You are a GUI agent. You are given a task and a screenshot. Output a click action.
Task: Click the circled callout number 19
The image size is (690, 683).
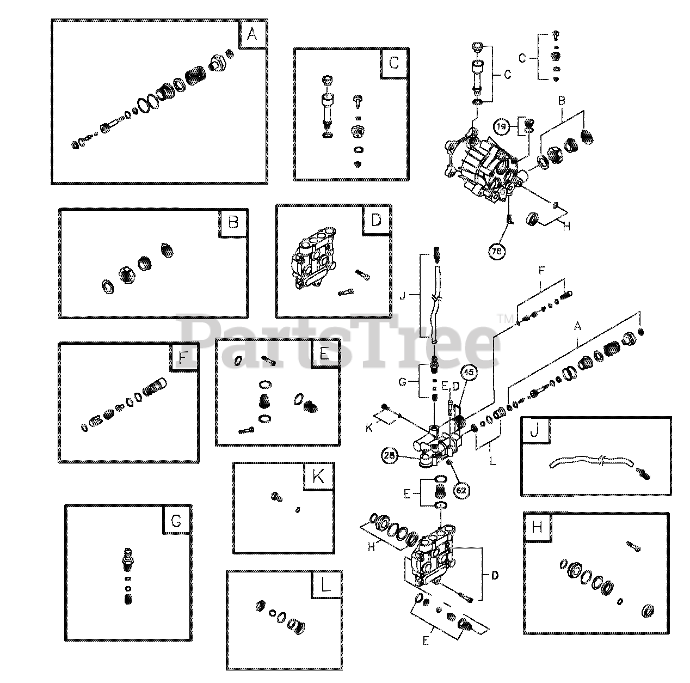coord(502,126)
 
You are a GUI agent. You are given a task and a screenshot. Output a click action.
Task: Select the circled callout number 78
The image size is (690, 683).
coord(497,251)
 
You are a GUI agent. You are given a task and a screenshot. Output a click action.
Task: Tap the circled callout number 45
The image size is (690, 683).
coord(469,372)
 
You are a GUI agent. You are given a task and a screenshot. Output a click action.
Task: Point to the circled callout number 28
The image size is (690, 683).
coord(390,455)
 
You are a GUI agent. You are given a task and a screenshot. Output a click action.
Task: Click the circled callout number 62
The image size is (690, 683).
coord(461,490)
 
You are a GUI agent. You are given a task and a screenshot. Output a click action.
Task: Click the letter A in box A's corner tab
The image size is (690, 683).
coord(252,34)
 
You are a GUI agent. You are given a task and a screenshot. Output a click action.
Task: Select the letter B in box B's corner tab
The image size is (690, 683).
coord(233,223)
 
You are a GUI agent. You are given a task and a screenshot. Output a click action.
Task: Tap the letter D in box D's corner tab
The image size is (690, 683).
coord(376,220)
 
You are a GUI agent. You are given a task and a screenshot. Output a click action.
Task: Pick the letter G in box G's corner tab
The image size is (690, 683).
coord(176,521)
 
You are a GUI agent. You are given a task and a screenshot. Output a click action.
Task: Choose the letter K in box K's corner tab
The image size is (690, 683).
coord(318,477)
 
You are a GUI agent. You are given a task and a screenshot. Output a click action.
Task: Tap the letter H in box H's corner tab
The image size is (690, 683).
coord(537,527)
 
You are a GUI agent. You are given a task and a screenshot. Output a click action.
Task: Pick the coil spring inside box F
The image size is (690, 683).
coord(155,387)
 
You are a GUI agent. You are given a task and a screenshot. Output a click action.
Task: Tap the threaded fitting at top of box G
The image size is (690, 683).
coord(128,558)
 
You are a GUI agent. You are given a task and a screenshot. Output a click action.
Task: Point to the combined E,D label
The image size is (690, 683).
coord(450,386)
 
